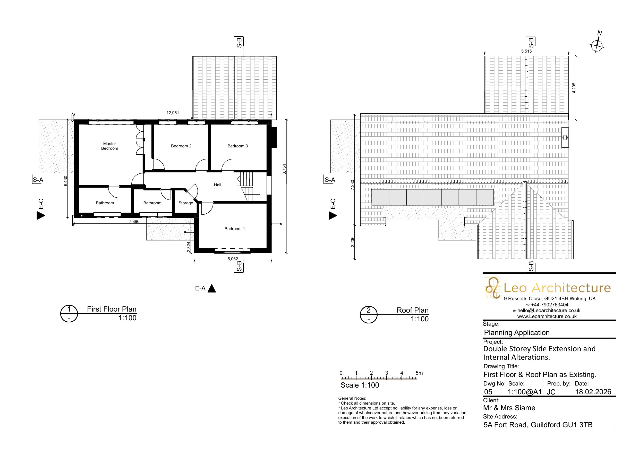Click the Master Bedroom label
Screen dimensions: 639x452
pos(109,146)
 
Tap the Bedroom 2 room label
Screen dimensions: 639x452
pos(181,146)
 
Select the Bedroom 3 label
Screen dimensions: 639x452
pos(238,146)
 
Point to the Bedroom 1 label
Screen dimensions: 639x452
pos(235,229)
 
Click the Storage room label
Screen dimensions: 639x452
pos(186,203)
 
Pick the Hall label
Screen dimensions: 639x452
pos(218,185)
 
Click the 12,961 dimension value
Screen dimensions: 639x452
pos(173,113)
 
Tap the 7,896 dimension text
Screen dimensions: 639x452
pos(134,221)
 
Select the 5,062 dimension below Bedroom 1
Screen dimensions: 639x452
pos(233,259)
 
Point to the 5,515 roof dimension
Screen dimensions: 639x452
pos(526,51)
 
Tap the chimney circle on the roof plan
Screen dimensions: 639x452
pos(565,138)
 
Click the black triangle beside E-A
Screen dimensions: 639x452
pos(212,289)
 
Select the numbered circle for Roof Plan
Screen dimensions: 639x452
pos(369,315)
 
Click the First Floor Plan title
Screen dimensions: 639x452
pos(112,309)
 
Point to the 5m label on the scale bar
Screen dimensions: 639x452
pos(419,373)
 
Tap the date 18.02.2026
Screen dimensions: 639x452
pos(593,392)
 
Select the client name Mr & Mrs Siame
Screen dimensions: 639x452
pos(509,408)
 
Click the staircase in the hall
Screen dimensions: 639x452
pos(248,186)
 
